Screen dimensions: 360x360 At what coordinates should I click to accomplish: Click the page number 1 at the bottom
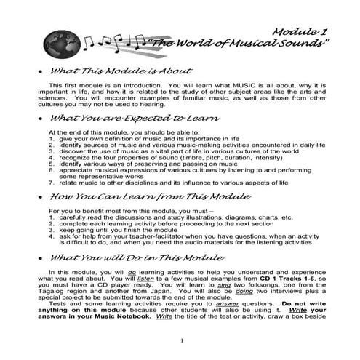180,341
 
